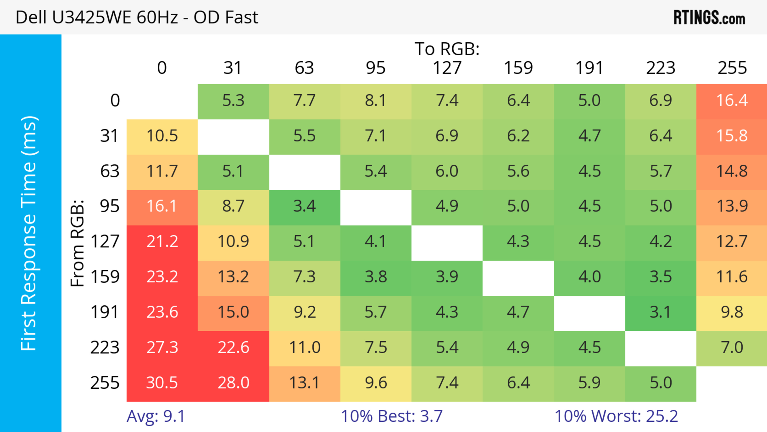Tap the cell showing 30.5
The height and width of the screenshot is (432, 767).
162,383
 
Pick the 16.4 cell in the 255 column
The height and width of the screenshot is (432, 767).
732,100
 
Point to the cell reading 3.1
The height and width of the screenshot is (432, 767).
660,312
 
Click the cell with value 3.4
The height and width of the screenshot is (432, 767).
304,206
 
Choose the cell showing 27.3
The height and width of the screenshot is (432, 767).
162,347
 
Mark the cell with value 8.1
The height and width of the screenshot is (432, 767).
376,100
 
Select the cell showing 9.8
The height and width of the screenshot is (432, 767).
732,312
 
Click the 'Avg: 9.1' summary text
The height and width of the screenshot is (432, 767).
156,416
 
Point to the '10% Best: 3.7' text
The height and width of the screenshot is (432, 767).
391,416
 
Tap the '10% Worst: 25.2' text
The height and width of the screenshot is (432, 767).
616,416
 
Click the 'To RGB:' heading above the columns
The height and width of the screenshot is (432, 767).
447,49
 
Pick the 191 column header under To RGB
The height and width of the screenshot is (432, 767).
589,68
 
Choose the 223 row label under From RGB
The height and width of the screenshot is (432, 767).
105,347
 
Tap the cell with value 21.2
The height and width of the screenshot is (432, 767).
162,241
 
